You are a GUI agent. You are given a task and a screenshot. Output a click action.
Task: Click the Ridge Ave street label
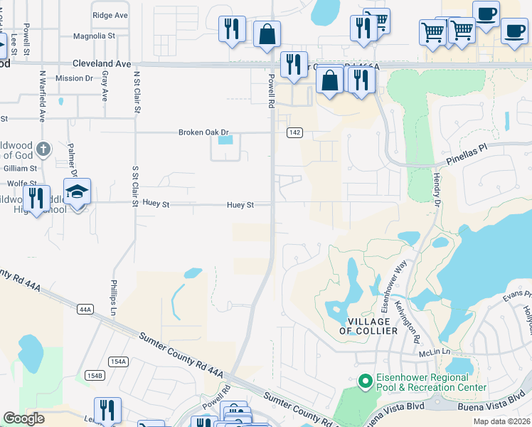tap(110, 14)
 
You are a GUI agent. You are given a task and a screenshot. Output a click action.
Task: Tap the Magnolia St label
tap(95, 35)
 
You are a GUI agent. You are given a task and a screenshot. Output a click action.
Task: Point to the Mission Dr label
tap(74, 78)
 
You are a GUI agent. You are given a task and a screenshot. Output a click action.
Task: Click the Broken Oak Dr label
tap(203, 132)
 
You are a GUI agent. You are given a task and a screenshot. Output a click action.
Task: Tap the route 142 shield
tap(295, 133)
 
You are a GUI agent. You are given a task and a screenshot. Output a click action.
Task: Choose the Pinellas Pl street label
tap(469, 156)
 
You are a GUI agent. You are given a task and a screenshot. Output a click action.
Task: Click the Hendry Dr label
tap(437, 193)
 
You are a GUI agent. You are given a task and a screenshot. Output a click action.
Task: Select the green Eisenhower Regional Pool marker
tap(366, 382)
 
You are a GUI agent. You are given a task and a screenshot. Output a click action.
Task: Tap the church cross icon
tap(43, 149)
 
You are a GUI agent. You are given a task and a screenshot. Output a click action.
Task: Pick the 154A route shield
tap(119, 362)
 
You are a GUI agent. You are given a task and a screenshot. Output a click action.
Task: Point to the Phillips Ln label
tap(112, 293)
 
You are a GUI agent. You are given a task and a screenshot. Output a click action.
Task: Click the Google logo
tap(24, 418)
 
